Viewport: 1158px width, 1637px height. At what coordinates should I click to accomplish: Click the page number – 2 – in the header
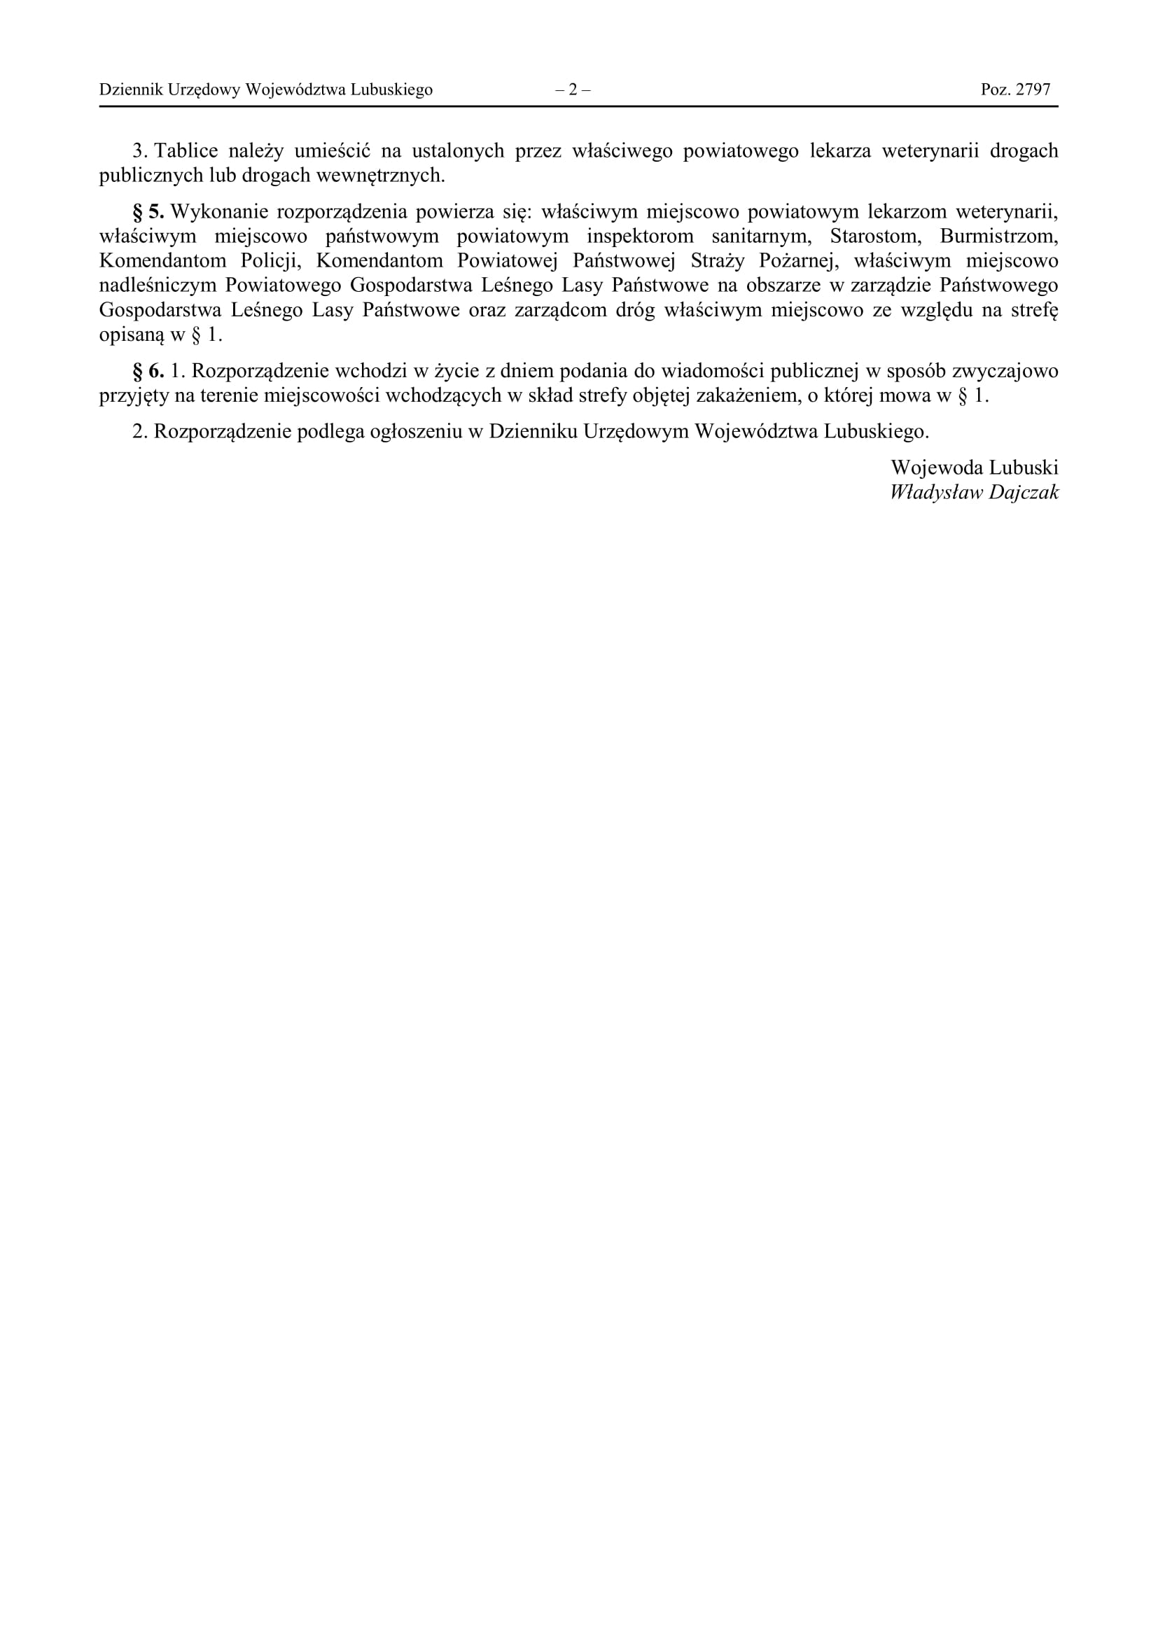click(x=573, y=90)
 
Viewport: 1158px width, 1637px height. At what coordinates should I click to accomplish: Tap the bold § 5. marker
click(x=148, y=212)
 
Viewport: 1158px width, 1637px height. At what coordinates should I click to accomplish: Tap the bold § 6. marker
click(x=148, y=371)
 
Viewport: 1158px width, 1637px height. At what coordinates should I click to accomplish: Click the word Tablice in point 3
click(x=186, y=151)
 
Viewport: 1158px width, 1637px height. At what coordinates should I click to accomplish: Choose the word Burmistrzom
click(x=998, y=236)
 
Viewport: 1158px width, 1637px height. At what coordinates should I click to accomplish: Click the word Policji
click(x=271, y=261)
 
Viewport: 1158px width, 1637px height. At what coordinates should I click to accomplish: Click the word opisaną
click(x=131, y=335)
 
